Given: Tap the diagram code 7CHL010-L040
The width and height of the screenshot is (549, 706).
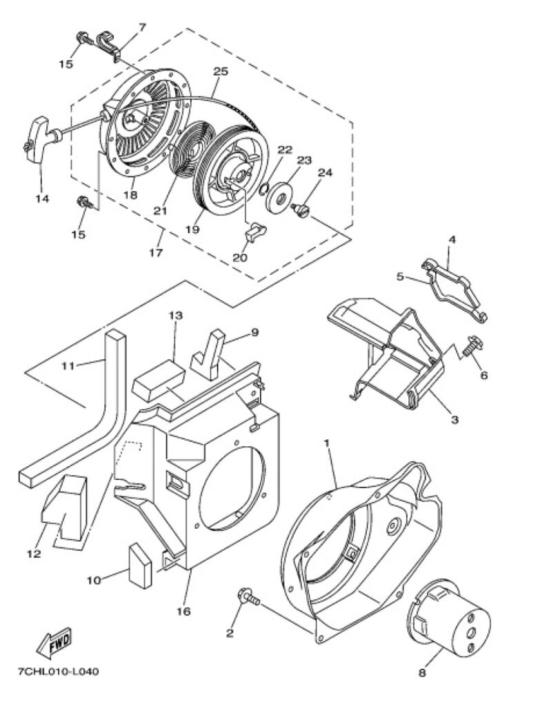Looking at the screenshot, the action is (x=58, y=672).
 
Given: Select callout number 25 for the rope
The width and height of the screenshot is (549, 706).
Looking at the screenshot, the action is (x=221, y=72).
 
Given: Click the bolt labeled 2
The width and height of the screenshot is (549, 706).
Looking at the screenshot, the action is (x=248, y=598).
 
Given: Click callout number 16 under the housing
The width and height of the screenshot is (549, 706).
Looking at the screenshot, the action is (x=183, y=611).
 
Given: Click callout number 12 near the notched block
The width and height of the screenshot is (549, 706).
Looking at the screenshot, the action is (x=34, y=554).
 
